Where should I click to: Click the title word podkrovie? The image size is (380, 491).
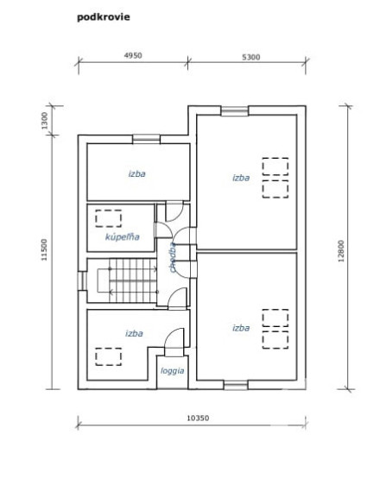[x=104, y=16]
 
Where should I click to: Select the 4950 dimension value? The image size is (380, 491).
[x=132, y=54]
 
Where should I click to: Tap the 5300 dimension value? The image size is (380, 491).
[x=251, y=57]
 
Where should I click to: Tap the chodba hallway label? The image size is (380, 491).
[x=174, y=256]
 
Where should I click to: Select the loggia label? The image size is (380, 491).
[x=171, y=371]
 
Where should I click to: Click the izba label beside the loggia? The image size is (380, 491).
[x=133, y=332]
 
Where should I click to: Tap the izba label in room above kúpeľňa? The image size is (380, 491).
[x=136, y=173]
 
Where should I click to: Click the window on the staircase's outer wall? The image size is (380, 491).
[x=82, y=280]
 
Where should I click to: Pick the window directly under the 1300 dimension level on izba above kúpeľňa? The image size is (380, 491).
[x=146, y=137]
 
